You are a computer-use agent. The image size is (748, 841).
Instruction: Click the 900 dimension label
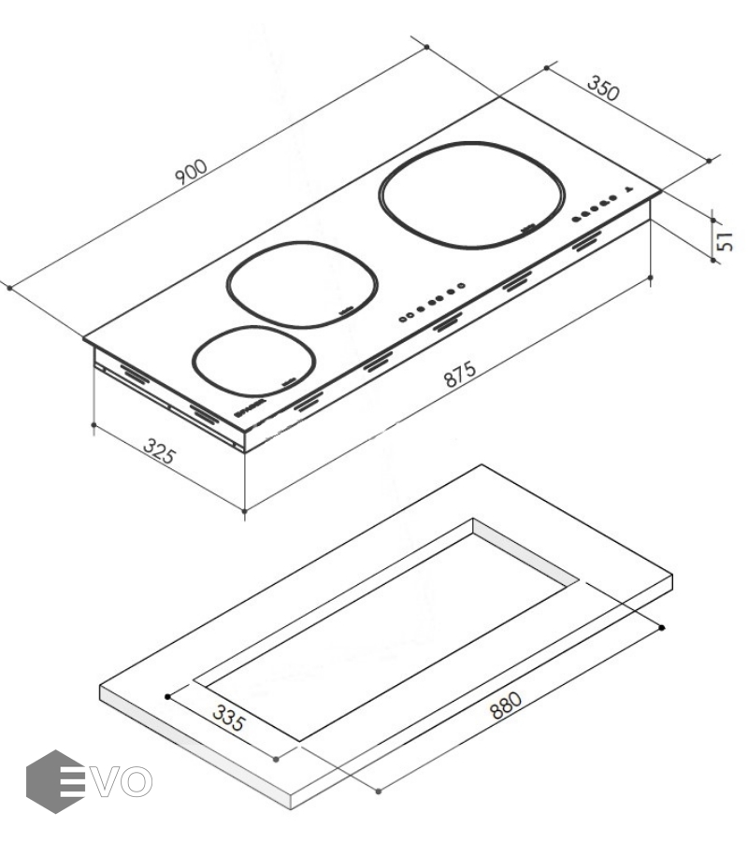tap(191, 171)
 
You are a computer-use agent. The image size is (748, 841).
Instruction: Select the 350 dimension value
tap(604, 88)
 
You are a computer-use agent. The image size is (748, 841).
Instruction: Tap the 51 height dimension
tap(725, 241)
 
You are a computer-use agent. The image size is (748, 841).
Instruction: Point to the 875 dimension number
tap(460, 374)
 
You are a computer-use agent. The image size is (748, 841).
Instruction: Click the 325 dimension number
tap(159, 451)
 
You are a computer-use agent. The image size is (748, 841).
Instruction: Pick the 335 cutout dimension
tap(228, 719)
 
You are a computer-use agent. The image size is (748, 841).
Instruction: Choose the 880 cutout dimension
tap(506, 705)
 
